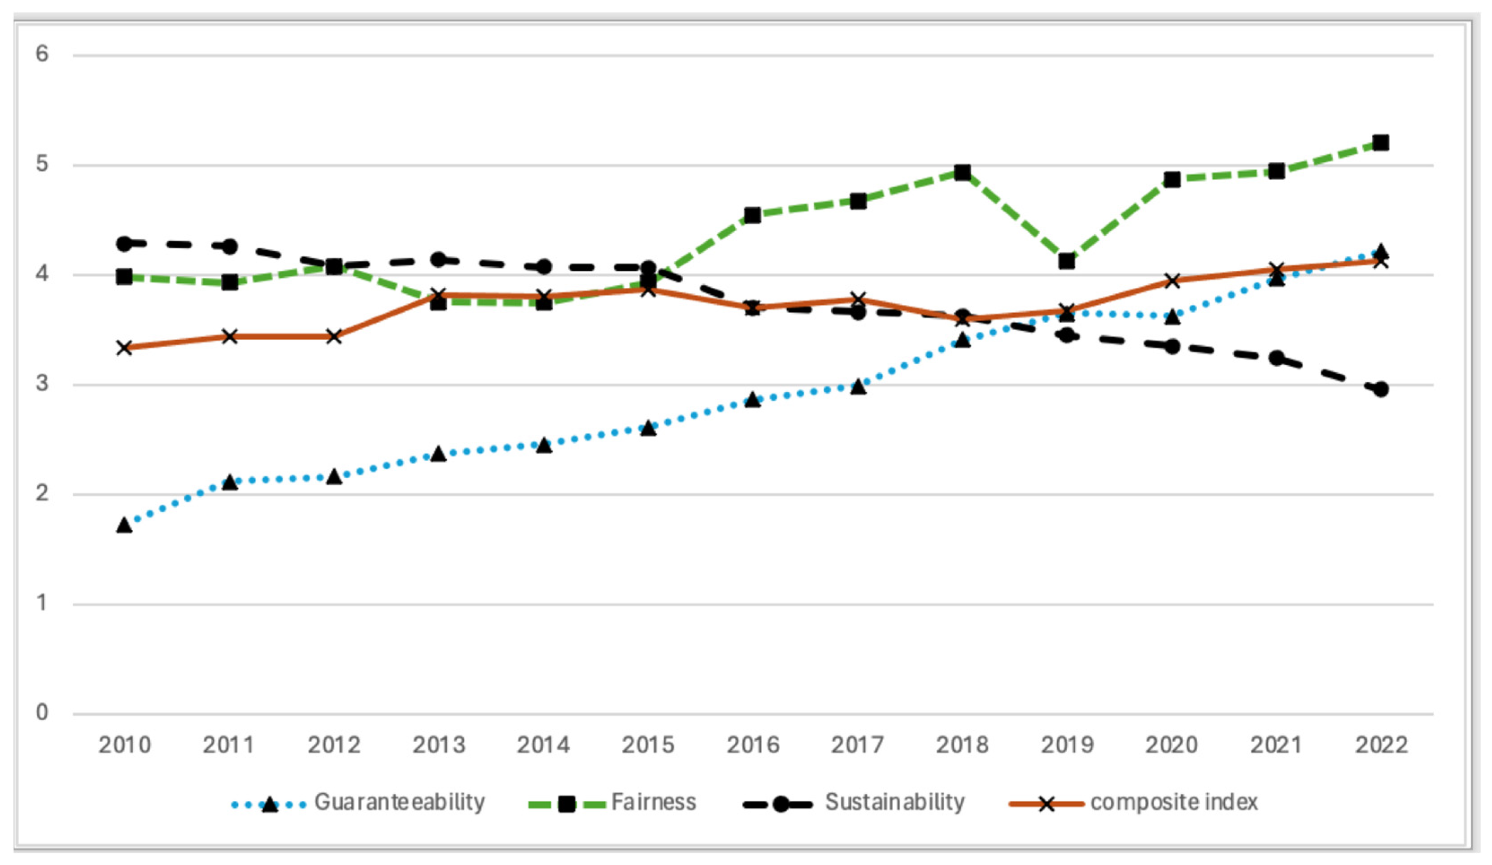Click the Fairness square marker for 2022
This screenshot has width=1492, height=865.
1381,143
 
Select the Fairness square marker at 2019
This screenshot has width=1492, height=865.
1067,260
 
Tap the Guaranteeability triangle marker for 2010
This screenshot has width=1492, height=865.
124,525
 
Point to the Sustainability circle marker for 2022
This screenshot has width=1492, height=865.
1381,389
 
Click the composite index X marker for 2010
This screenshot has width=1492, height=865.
124,347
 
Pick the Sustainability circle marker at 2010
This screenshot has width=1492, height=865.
124,243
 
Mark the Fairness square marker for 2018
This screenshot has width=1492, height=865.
963,173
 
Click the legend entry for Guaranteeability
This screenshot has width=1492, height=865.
399,802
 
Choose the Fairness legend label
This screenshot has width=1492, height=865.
653,802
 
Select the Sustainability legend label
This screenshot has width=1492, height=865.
894,802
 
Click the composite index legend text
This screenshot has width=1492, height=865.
1174,802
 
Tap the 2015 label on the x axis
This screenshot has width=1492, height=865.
648,745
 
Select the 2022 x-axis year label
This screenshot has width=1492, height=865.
1381,745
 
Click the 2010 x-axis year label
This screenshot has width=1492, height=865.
124,745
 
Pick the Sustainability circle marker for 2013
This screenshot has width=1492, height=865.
438,259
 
